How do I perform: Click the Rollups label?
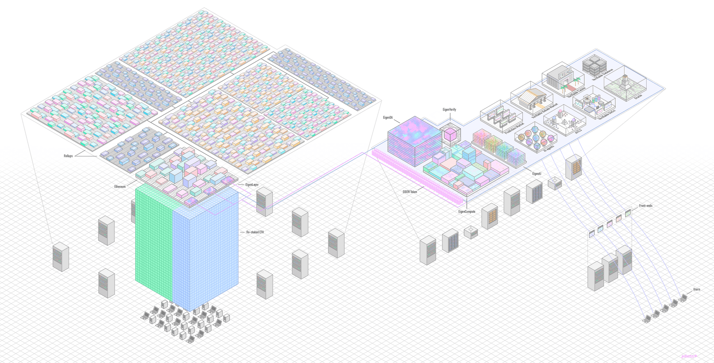pyautogui.click(x=68, y=156)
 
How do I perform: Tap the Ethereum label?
pyautogui.click(x=120, y=187)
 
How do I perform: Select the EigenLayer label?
pyautogui.click(x=252, y=185)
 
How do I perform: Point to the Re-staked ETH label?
pyautogui.click(x=255, y=232)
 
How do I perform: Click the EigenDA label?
pyautogui.click(x=388, y=118)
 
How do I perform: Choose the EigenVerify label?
pyautogui.click(x=449, y=110)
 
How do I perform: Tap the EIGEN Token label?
pyautogui.click(x=410, y=192)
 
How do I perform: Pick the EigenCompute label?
pyautogui.click(x=466, y=212)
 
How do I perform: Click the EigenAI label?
pyautogui.click(x=536, y=174)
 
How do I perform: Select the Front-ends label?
pyautogui.click(x=645, y=206)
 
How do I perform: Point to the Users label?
pyautogui.click(x=697, y=290)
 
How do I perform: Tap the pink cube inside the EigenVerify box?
pyautogui.click(x=449, y=134)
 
